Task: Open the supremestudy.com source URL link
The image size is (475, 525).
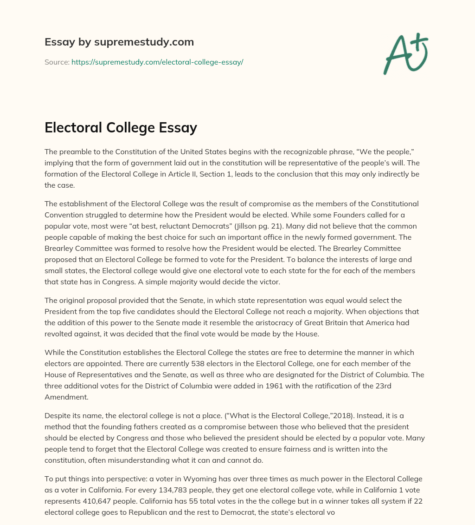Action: coord(157,62)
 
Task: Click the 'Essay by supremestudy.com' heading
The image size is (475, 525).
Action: coord(119,42)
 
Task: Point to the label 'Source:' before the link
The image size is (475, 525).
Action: coord(57,62)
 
